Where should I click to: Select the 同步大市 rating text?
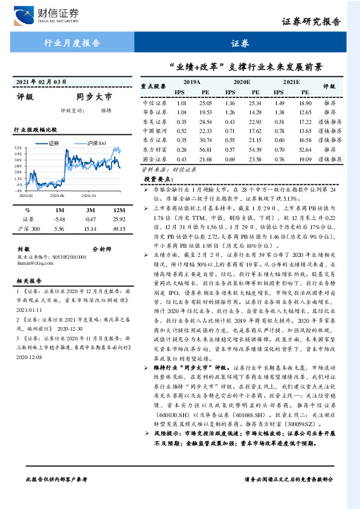coord(94,96)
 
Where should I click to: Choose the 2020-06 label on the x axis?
coord(59,195)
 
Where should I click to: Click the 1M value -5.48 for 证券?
coord(59,219)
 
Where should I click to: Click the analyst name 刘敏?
coord(23,248)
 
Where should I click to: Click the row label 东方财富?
coord(155,149)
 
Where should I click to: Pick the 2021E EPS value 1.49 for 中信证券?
coord(279,103)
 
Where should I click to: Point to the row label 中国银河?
coord(155,131)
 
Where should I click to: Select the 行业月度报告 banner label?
coord(72,43)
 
